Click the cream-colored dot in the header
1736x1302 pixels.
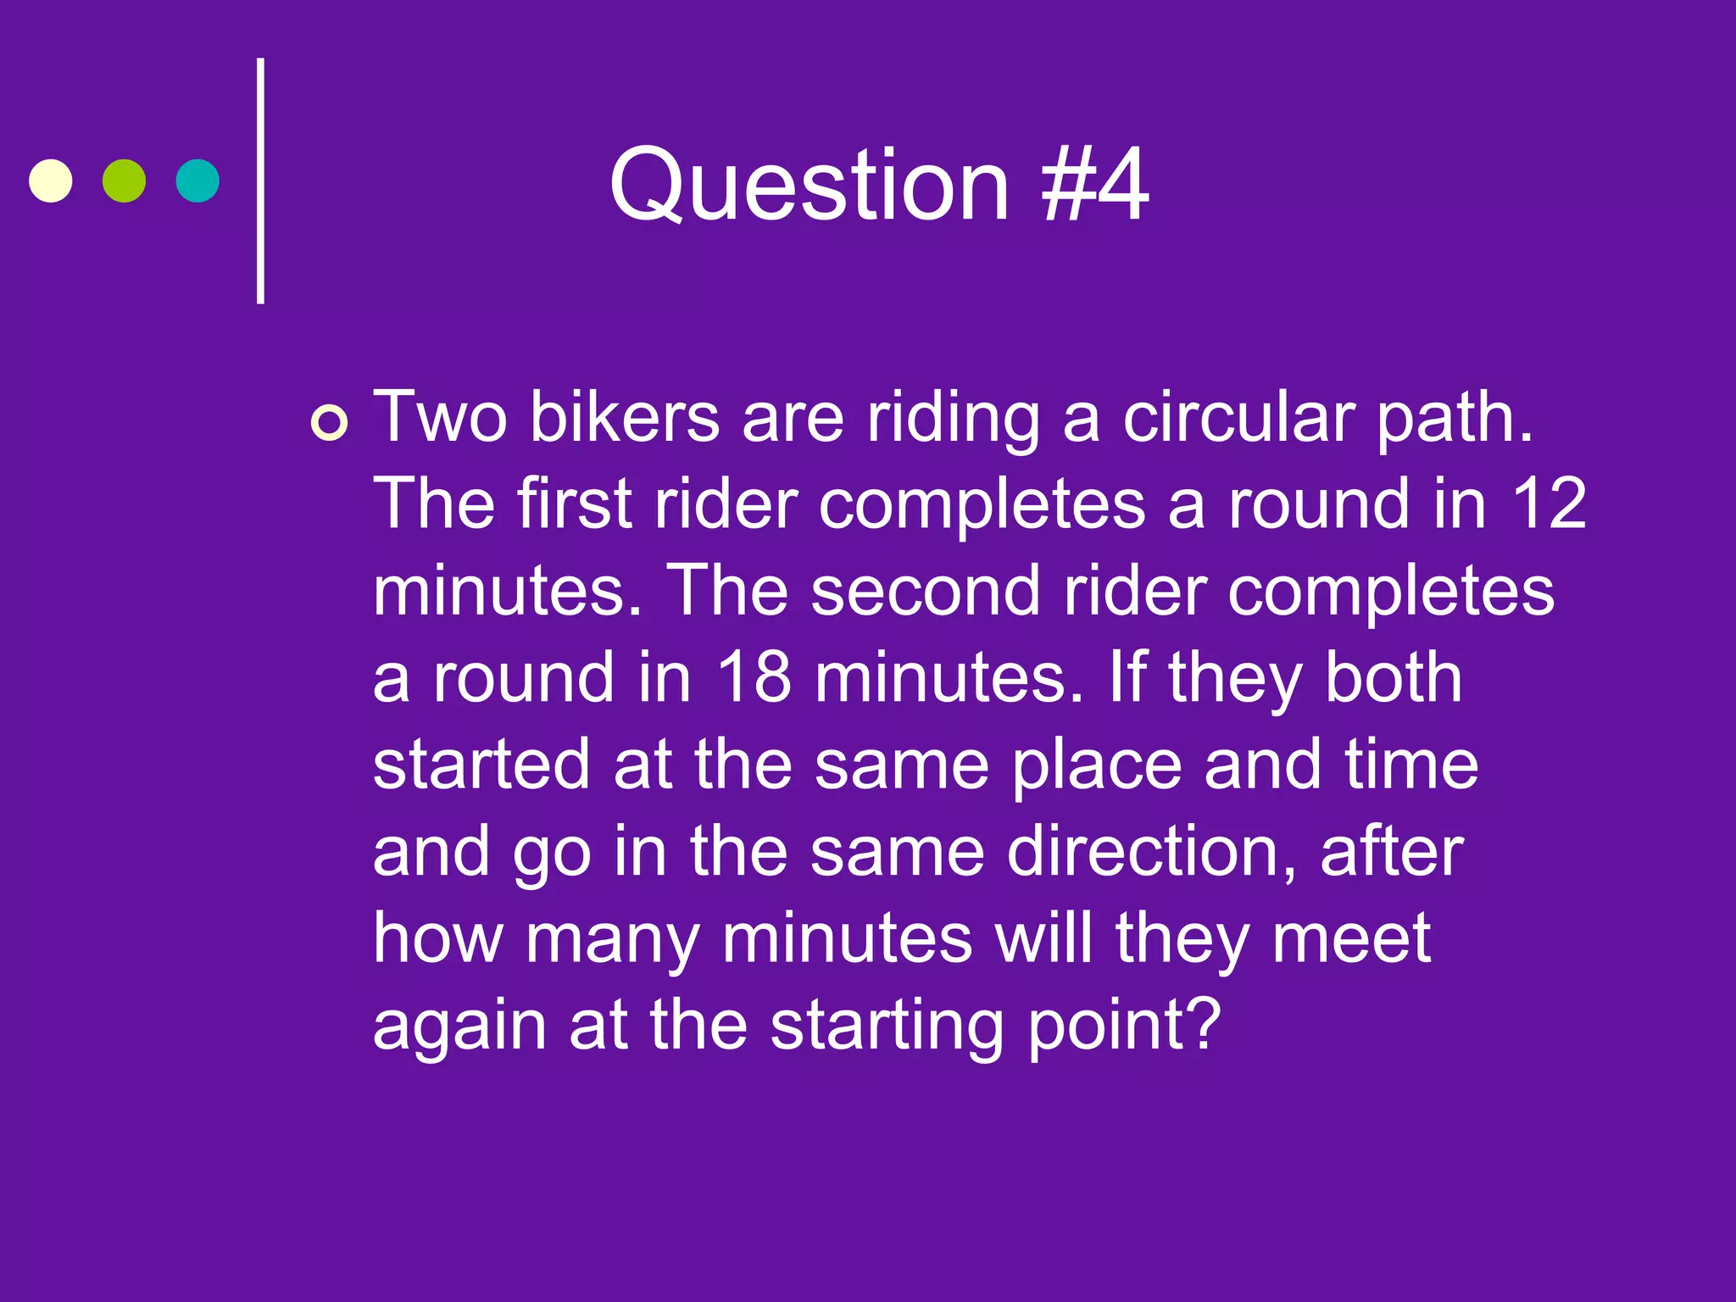pyautogui.click(x=51, y=181)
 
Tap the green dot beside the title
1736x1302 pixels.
pyautogui.click(x=124, y=181)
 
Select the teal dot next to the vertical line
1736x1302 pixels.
pyautogui.click(x=198, y=181)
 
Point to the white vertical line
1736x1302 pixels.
pyautogui.click(x=261, y=181)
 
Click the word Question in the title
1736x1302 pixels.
pyautogui.click(x=810, y=185)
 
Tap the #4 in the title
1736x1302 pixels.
pyautogui.click(x=1096, y=185)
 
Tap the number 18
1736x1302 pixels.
pyautogui.click(x=754, y=677)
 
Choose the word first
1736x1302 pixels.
pyautogui.click(x=575, y=504)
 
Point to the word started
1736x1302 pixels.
pyautogui.click(x=481, y=765)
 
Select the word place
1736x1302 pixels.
pyautogui.click(x=1097, y=765)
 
